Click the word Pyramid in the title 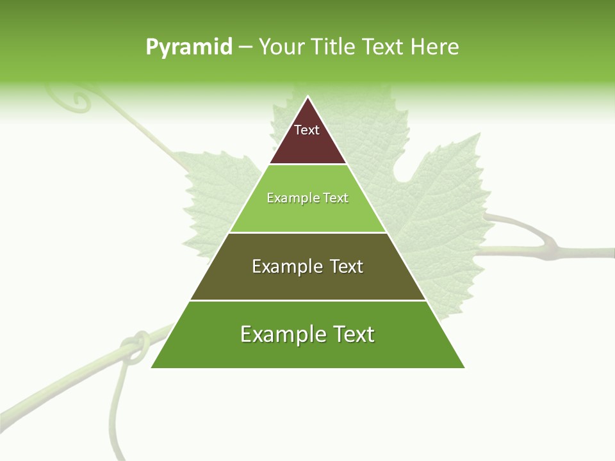188,47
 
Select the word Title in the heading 332,47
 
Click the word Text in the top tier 307,130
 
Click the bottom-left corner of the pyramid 152,368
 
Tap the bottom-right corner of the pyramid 464,368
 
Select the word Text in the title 382,47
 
